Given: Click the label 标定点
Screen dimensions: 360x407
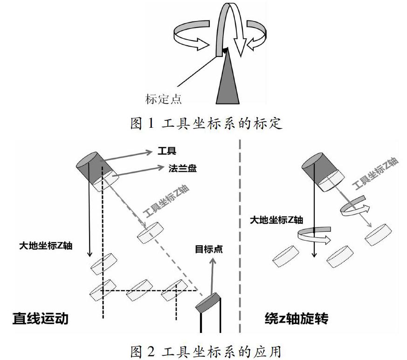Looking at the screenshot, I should pos(163,99).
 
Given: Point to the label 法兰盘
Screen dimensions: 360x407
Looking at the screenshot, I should pos(183,169).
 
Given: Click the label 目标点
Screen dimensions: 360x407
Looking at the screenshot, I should pos(208,249).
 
